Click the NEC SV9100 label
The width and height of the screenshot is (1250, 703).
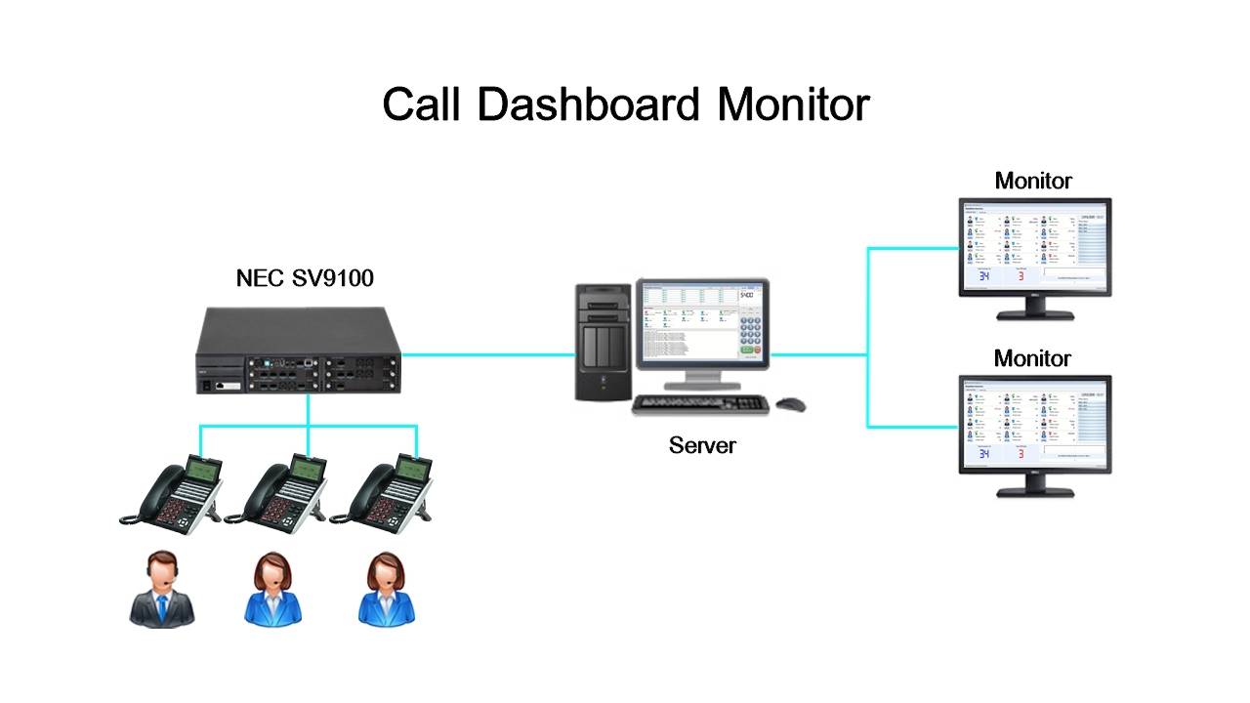[x=305, y=278]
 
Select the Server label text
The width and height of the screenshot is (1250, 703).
[x=702, y=445]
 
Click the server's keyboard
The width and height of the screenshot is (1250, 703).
[x=699, y=403]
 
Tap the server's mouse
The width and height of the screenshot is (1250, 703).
[x=790, y=403]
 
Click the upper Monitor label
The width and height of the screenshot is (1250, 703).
[x=1033, y=181]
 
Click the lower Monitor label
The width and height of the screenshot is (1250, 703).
[x=1033, y=358]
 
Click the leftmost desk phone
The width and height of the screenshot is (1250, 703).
[x=172, y=493]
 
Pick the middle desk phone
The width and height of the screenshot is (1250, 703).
[x=277, y=493]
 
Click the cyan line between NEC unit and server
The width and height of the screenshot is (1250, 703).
[x=488, y=354]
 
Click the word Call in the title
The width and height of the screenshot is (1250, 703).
[x=421, y=105]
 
